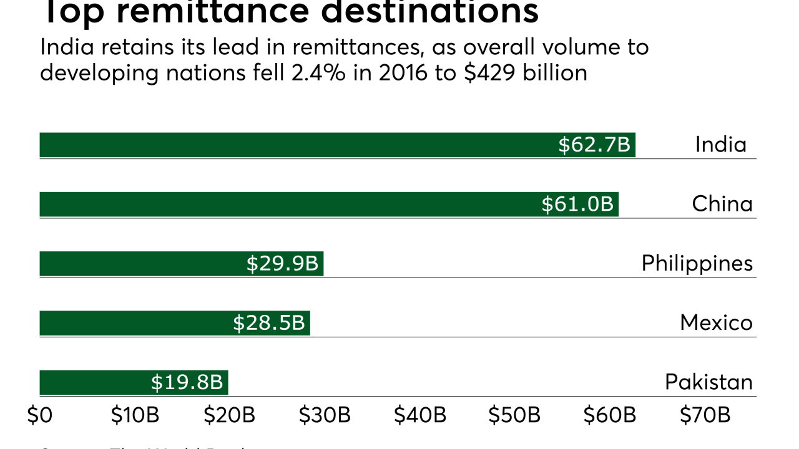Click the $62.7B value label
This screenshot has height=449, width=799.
click(x=594, y=145)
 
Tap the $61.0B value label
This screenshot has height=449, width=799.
click(x=577, y=205)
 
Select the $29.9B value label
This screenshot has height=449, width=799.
click(x=282, y=264)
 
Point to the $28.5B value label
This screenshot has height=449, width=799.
click(x=269, y=323)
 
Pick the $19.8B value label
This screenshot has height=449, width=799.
click(x=187, y=382)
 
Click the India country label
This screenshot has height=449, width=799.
click(x=721, y=145)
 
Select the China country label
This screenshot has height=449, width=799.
click(x=722, y=204)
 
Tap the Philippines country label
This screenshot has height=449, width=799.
click(x=697, y=264)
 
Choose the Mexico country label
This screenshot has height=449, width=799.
click(x=716, y=322)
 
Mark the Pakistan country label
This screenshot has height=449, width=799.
click(x=708, y=382)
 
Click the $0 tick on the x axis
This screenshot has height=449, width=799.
click(x=40, y=416)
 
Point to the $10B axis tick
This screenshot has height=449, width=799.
click(x=134, y=416)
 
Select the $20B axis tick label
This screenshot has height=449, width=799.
click(x=229, y=416)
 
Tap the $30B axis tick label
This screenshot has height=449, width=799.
click(x=324, y=416)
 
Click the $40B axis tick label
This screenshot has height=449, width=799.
click(x=419, y=416)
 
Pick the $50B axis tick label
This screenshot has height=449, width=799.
click(x=514, y=416)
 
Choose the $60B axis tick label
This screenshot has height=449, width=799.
click(x=609, y=416)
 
